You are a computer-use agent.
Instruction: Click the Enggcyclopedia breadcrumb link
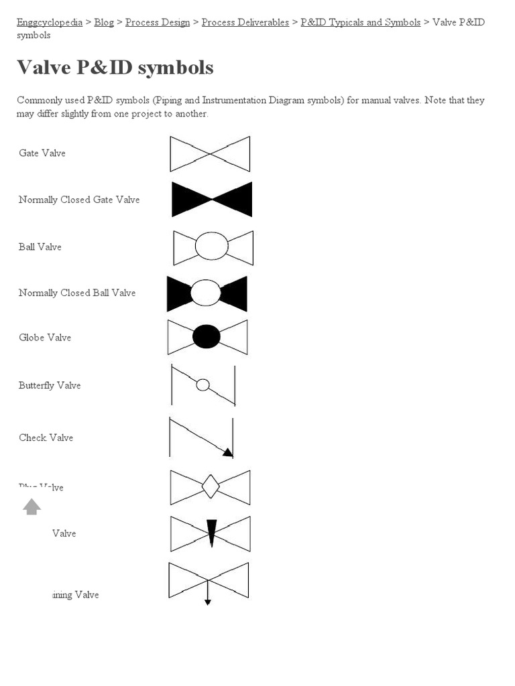pyautogui.click(x=50, y=22)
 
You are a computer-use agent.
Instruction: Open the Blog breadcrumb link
pyautogui.click(x=104, y=22)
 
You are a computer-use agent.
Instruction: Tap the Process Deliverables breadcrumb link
pyautogui.click(x=245, y=22)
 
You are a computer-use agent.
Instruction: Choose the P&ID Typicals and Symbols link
pyautogui.click(x=361, y=22)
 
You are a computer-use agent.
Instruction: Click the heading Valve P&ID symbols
pyautogui.click(x=115, y=67)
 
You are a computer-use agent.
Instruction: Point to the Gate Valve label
pyautogui.click(x=42, y=153)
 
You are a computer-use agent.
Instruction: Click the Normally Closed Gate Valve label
pyautogui.click(x=79, y=200)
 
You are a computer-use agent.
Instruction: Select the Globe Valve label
pyautogui.click(x=45, y=338)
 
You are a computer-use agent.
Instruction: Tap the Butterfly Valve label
pyautogui.click(x=50, y=385)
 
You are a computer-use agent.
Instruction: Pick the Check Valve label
pyautogui.click(x=46, y=437)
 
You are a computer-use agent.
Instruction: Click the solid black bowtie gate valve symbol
pyautogui.click(x=212, y=199)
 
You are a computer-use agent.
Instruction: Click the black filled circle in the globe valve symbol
pyautogui.click(x=207, y=336)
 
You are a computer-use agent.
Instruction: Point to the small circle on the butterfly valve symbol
pyautogui.click(x=203, y=385)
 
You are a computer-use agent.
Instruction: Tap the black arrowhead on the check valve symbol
pyautogui.click(x=227, y=452)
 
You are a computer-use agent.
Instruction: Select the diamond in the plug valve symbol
pyautogui.click(x=211, y=486)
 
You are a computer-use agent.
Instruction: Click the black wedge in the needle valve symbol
pyautogui.click(x=211, y=532)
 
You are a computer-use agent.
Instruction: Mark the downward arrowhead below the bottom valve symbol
pyautogui.click(x=208, y=602)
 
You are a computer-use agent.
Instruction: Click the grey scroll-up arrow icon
pyautogui.click(x=32, y=506)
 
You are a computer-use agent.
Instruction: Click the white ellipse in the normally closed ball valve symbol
pyautogui.click(x=206, y=293)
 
